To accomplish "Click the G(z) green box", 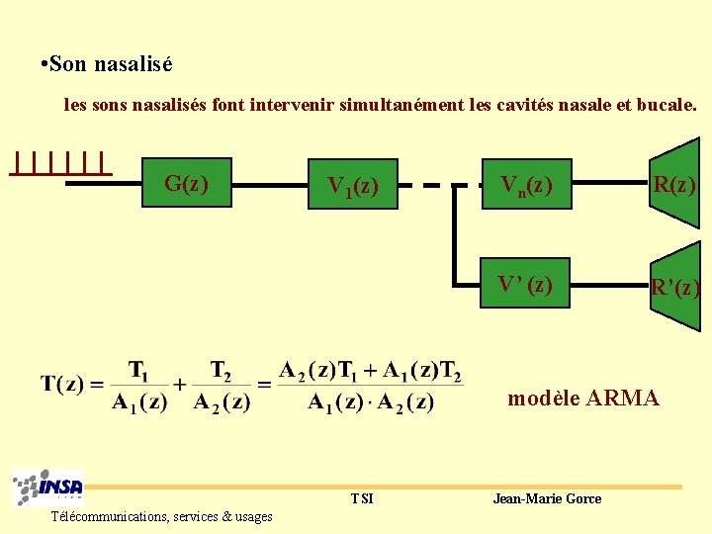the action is pyautogui.click(x=186, y=182).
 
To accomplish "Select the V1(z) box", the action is pyautogui.click(x=352, y=184).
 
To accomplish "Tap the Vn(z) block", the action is pyautogui.click(x=526, y=184).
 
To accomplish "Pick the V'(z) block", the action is pyautogui.click(x=526, y=285).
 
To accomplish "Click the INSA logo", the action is pyautogui.click(x=47, y=489).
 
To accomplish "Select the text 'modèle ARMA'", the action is pyautogui.click(x=582, y=399).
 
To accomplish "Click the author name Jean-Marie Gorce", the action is pyautogui.click(x=547, y=498).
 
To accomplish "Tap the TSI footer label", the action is pyautogui.click(x=362, y=498).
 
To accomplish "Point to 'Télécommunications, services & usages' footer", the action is pyautogui.click(x=162, y=516).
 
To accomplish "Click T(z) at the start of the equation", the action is pyautogui.click(x=61, y=384).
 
